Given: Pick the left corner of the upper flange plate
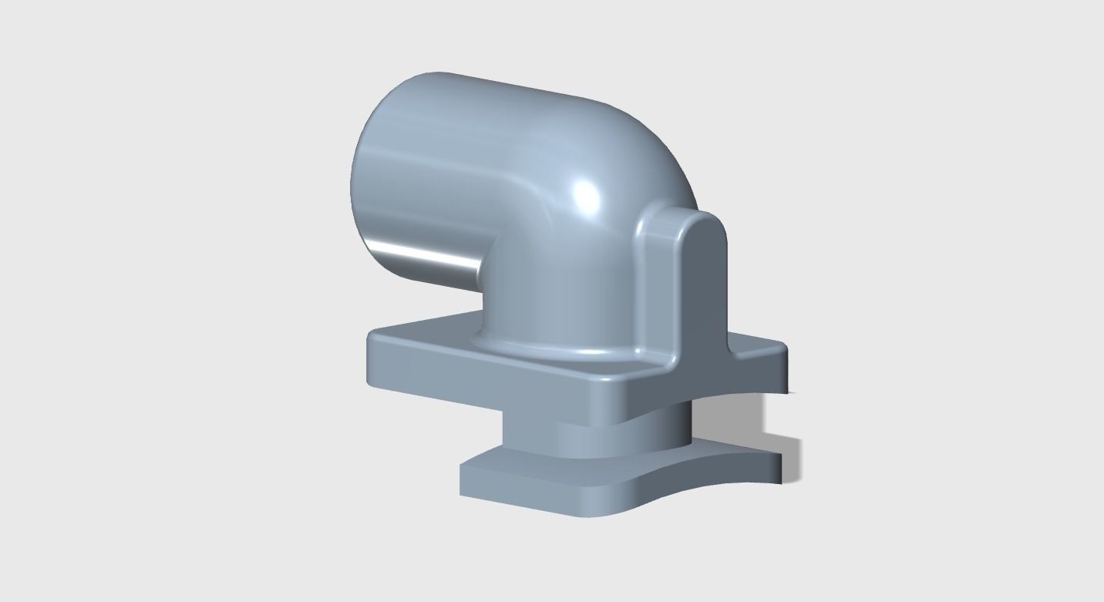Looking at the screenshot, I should [371, 337].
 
